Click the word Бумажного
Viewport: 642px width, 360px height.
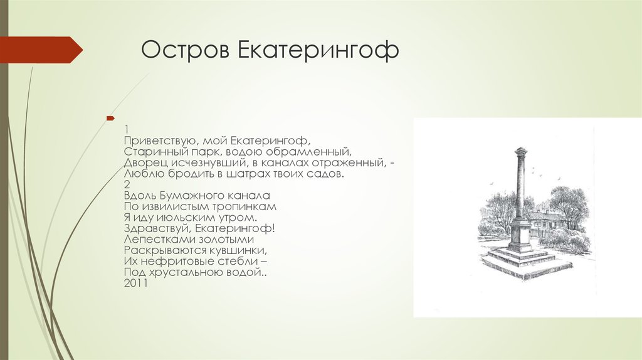(182, 196)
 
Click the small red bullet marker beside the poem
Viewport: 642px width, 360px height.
(110, 119)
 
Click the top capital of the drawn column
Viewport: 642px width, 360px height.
(520, 151)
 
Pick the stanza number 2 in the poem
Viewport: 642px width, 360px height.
(127, 185)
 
